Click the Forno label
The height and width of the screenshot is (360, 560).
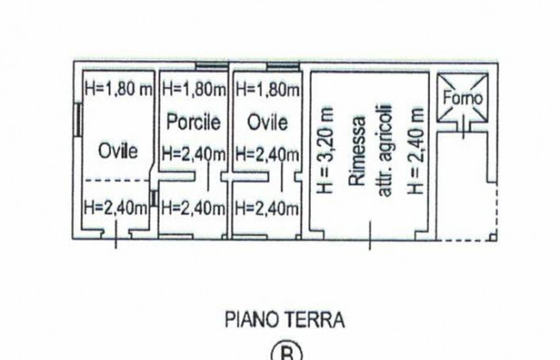463,97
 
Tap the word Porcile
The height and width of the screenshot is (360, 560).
194,121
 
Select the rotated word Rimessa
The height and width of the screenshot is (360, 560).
358,151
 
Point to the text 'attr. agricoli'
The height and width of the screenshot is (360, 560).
385,151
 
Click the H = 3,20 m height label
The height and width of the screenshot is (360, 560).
326,150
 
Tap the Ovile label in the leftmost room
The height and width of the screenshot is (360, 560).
118,151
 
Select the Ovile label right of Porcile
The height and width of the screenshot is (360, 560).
267,122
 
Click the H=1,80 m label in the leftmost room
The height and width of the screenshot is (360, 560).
119,89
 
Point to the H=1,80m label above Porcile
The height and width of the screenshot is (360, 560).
194,89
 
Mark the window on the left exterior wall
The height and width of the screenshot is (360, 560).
78,120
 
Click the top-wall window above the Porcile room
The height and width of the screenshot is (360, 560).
212,65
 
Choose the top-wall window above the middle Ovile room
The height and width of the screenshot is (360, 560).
283,65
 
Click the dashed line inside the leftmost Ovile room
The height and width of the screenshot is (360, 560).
117,180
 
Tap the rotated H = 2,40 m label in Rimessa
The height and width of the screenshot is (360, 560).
416,151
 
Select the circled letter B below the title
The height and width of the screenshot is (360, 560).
287,353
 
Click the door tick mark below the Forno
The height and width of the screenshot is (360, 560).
464,127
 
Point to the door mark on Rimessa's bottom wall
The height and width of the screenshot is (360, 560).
370,235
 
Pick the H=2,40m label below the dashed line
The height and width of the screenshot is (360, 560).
115,208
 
